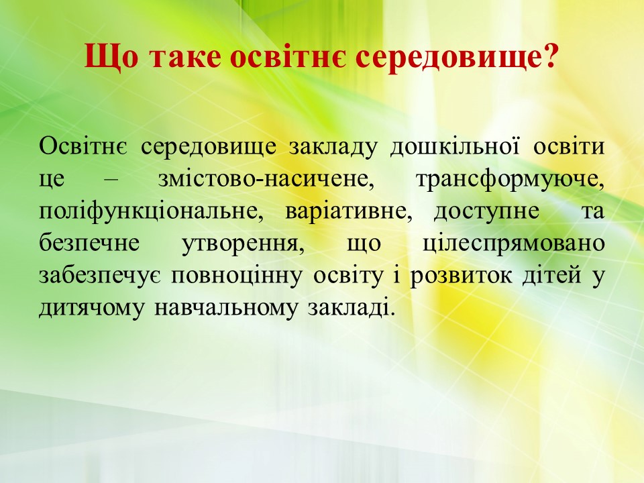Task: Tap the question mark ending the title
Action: click(551, 55)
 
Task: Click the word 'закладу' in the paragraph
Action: click(332, 148)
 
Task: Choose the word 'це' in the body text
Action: click(52, 180)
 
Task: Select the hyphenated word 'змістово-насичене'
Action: click(266, 180)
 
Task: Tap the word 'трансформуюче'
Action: click(510, 180)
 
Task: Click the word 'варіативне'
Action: click(348, 212)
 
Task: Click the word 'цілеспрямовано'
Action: click(513, 245)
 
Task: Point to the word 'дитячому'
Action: click(92, 309)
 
